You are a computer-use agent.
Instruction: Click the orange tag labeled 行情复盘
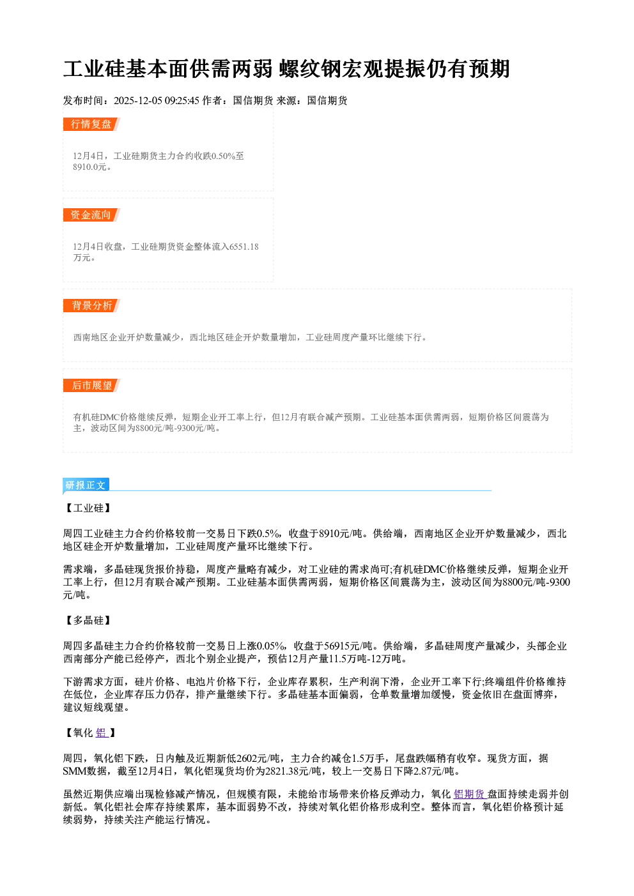pos(91,124)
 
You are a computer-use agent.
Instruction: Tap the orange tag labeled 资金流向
pos(91,215)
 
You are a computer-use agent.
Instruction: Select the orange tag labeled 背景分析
pos(91,306)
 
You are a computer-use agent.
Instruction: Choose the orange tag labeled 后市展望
pos(91,385)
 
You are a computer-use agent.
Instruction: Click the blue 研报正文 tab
pos(86,485)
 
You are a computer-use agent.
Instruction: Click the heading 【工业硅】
pos(88,508)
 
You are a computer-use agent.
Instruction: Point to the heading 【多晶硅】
pos(88,620)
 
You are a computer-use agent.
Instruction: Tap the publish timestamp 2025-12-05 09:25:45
pos(157,100)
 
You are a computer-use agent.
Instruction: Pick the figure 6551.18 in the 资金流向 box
pos(244,247)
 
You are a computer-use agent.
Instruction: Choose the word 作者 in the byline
pos(212,100)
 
